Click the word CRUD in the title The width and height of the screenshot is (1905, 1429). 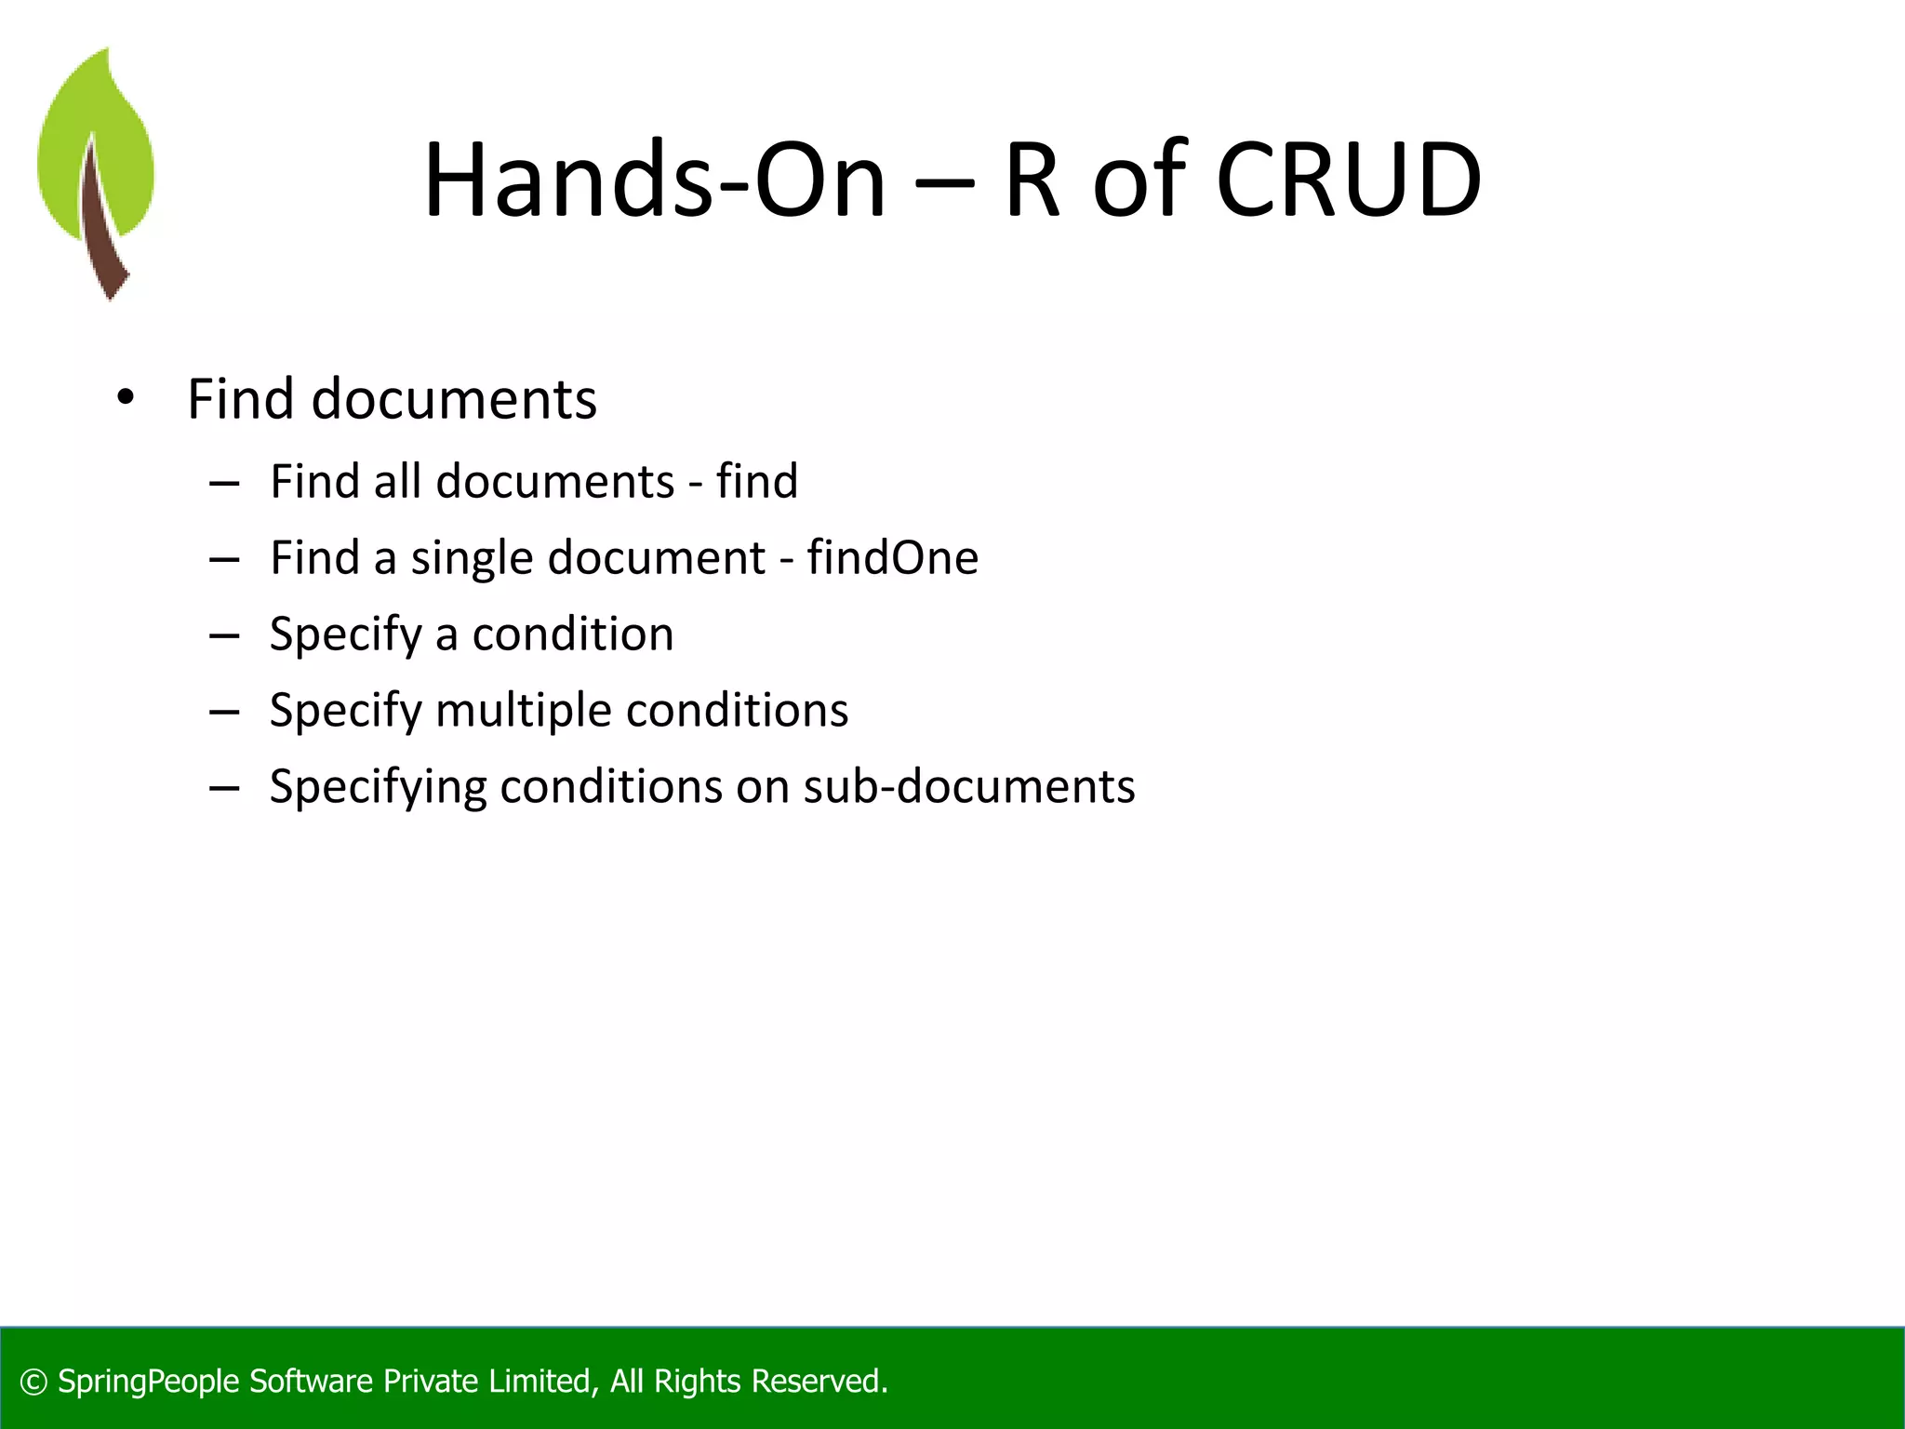pos(1348,180)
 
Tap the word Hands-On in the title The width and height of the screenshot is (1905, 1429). pos(655,180)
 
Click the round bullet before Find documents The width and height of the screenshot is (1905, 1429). pos(126,399)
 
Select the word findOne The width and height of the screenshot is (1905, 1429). pos(892,558)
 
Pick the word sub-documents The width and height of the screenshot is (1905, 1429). pos(969,787)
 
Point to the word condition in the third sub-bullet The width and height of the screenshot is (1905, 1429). pos(572,634)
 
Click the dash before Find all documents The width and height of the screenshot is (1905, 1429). pos(224,483)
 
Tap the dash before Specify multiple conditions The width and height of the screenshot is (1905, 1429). pos(224,712)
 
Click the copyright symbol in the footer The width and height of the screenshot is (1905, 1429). pos(33,1382)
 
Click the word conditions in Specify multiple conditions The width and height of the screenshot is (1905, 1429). pos(737,711)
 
